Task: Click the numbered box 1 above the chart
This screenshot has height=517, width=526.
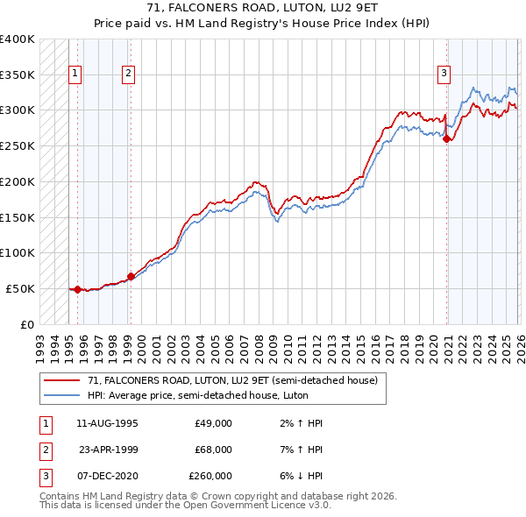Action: pos(76,74)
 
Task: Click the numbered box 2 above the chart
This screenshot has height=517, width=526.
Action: pos(129,74)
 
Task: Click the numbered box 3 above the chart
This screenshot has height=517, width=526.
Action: pos(444,74)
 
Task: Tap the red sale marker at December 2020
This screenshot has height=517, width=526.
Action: pos(447,138)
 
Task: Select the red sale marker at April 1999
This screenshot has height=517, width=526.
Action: pos(131,276)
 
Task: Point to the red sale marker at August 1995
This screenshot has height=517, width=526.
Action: pos(77,289)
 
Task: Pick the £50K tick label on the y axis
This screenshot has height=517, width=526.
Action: pos(20,288)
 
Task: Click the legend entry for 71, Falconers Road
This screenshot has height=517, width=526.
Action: pos(232,380)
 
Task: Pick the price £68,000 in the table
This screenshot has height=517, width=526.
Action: pos(213,450)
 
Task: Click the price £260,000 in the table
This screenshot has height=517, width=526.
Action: pos(210,476)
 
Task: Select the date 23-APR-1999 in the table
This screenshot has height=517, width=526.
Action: pos(108,450)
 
